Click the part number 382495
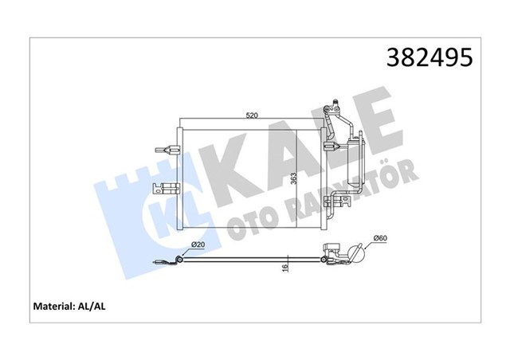coord(431,58)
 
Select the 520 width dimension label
coord(251,116)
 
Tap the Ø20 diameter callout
coord(198,245)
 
